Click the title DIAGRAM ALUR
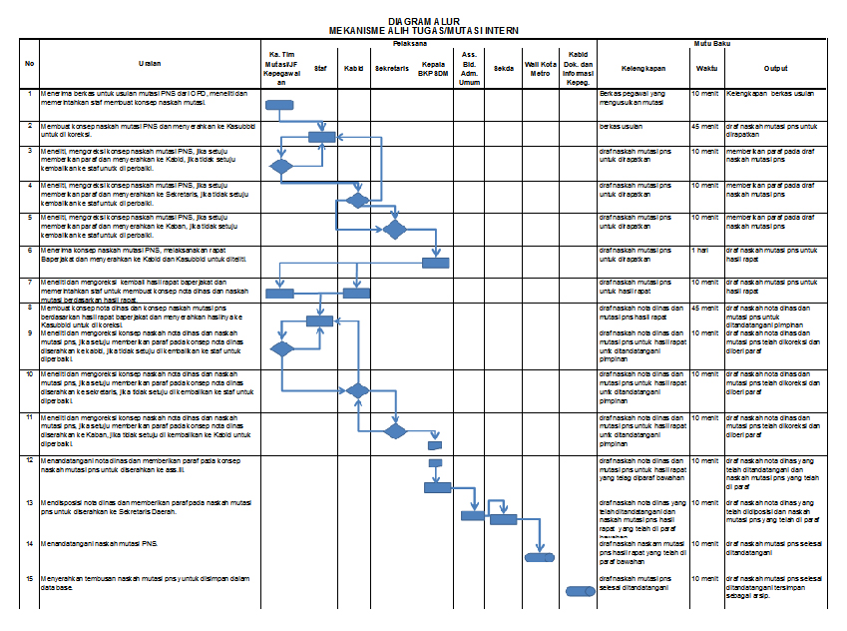click(422, 20)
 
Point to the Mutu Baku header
click(712, 45)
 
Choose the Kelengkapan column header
click(642, 68)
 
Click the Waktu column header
click(705, 68)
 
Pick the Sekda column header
click(503, 68)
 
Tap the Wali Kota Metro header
click(540, 68)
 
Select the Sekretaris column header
click(394, 68)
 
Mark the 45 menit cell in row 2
click(704, 127)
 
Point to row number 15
click(30, 578)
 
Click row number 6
click(30, 250)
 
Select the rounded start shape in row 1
click(279, 104)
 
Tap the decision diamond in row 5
click(395, 230)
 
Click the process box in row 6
click(436, 263)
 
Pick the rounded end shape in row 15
click(580, 591)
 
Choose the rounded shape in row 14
click(540, 556)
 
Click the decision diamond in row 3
click(280, 167)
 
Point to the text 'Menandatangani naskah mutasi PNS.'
click(100, 543)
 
